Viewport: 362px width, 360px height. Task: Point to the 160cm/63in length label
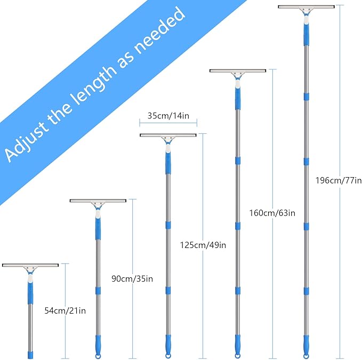(x=272, y=213)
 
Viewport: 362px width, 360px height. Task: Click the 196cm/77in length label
(x=339, y=180)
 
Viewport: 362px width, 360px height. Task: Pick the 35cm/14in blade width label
(x=168, y=115)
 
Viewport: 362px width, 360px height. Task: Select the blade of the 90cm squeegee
(x=98, y=201)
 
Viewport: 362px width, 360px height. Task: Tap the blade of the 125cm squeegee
(x=168, y=135)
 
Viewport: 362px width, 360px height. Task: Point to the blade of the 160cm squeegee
(x=237, y=70)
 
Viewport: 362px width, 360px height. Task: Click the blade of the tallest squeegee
(x=306, y=6)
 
